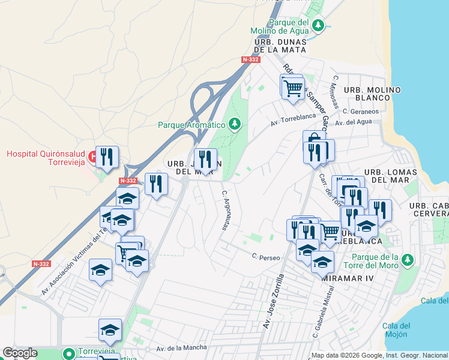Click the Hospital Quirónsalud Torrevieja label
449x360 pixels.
(46, 158)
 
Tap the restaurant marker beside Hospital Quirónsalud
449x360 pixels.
(107, 158)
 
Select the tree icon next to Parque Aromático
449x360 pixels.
(235, 125)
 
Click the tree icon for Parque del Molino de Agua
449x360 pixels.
(319, 25)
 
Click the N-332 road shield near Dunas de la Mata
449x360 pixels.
(250, 59)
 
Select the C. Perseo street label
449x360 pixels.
(266, 257)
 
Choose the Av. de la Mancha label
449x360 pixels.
(181, 347)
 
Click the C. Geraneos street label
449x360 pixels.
(361, 112)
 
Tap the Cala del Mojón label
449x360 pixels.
(396, 330)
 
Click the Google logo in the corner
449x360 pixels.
(19, 353)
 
